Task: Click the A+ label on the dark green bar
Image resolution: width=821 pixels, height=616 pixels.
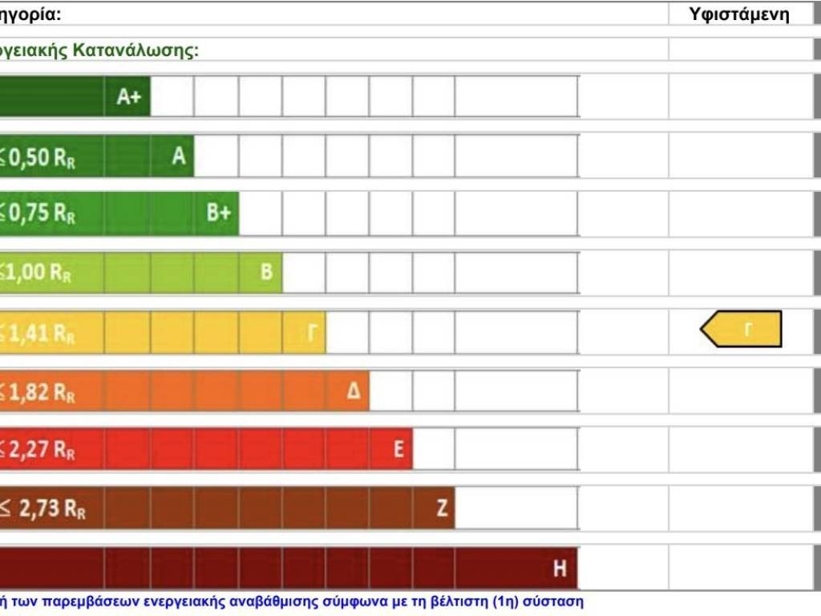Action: pos(128,97)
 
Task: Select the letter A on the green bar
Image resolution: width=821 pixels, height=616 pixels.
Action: pos(178,156)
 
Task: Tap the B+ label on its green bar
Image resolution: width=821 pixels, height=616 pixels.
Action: pos(218,213)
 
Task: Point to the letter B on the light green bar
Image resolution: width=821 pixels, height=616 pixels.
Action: pos(266,272)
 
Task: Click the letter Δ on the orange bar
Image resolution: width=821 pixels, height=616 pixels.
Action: pos(354,392)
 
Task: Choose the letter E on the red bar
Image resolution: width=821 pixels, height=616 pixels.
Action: pos(398,449)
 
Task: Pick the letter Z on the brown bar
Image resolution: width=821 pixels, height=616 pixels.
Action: pos(442,509)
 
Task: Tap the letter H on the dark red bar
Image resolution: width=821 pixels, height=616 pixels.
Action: pos(560,569)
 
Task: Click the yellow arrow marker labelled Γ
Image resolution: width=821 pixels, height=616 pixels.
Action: pos(742,329)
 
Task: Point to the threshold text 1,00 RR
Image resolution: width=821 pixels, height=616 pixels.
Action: pos(38,273)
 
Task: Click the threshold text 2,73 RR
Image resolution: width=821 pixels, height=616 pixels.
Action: pos(47,509)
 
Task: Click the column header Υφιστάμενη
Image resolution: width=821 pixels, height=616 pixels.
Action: pos(739,14)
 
